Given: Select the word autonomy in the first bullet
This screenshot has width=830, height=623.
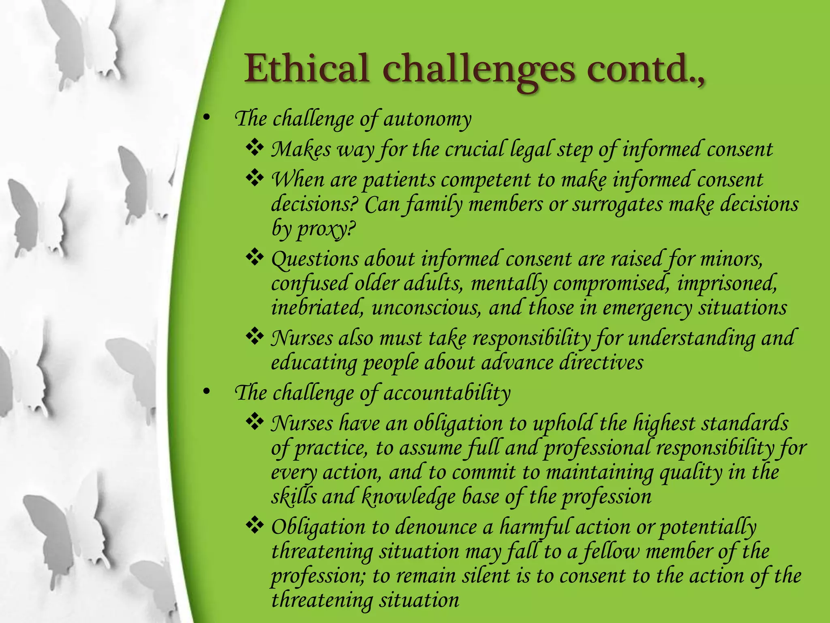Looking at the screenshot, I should (x=428, y=119).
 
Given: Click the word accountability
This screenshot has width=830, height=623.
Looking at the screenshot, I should (x=447, y=393).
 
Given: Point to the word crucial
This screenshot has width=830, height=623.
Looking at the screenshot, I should (x=474, y=149).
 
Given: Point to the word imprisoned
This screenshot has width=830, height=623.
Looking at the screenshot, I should (x=727, y=283).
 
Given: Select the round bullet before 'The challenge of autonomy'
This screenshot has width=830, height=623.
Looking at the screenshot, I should (x=207, y=118).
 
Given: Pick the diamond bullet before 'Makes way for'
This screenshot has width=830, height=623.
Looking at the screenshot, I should (x=255, y=148).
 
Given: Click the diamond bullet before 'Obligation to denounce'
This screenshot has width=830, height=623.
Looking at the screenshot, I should (x=255, y=526).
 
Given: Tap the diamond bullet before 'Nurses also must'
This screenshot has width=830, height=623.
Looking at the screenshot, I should (x=255, y=337).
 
